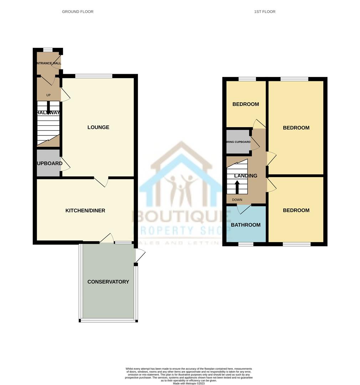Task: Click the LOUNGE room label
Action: coord(98,127)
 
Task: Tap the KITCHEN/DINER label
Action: coord(85,210)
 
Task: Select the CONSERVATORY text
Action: coord(108,282)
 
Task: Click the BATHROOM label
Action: coord(246,225)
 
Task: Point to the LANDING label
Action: coord(246,176)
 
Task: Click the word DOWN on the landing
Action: coord(237,200)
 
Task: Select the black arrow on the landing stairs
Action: coord(237,186)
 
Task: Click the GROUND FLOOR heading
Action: coord(78,12)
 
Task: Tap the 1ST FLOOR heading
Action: coord(264,12)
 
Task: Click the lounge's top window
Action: coord(94,76)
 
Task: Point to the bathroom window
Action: coord(246,244)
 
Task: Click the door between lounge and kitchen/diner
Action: coord(102,182)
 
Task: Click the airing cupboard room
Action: coord(238,142)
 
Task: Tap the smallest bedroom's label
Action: coord(246,104)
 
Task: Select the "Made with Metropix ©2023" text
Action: coord(189,383)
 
